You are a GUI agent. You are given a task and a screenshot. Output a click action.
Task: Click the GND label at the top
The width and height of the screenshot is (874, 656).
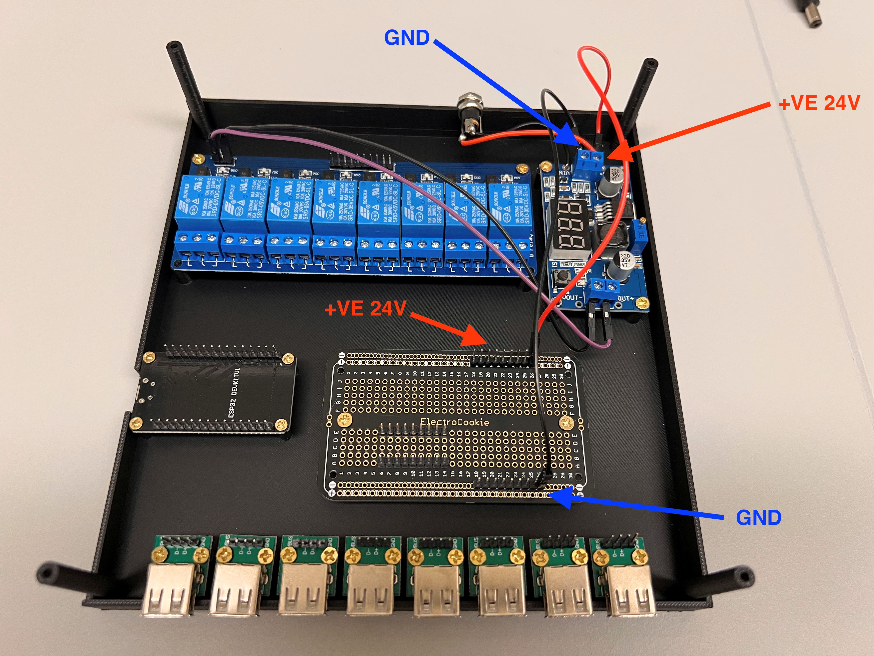point(407,38)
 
